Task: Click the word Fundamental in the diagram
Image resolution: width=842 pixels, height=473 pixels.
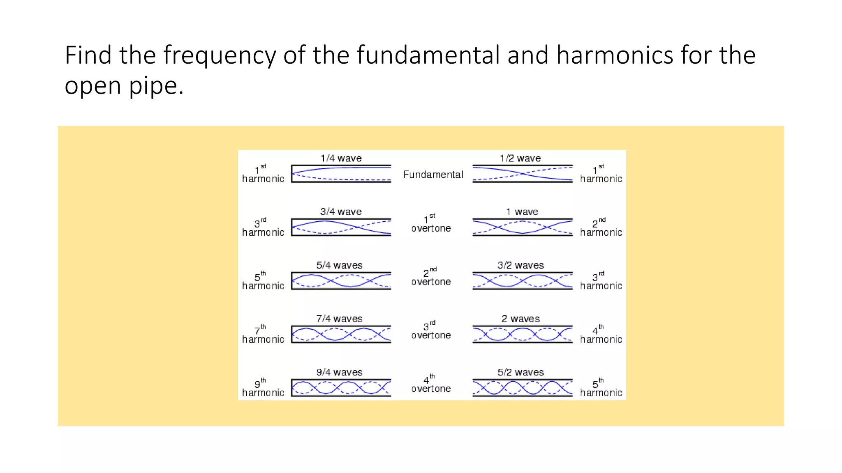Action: (433, 175)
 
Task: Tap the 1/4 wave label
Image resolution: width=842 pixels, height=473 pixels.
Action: (341, 158)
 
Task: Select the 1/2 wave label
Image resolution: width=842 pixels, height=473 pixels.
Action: (520, 158)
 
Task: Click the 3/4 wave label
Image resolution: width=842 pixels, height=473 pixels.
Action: (341, 211)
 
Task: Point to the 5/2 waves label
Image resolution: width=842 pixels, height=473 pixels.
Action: (520, 372)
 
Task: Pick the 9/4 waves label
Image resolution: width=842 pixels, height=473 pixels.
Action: (339, 372)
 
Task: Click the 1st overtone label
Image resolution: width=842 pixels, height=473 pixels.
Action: (431, 224)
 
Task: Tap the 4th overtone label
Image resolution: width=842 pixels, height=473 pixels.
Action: (431, 384)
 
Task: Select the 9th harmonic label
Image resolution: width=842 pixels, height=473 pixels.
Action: (263, 388)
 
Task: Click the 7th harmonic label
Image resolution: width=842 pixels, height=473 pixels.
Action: (263, 335)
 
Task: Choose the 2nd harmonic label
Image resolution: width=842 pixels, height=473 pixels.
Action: (601, 228)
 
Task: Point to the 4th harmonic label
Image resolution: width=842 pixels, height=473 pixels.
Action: (601, 335)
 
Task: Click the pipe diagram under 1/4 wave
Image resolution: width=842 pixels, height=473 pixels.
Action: (341, 174)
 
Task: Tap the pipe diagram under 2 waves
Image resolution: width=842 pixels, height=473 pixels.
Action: (522, 334)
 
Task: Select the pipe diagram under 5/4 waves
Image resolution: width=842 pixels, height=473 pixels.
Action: (341, 281)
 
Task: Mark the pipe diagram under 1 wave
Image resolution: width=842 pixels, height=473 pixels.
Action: (522, 227)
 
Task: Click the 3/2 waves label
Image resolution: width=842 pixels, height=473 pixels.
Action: (520, 265)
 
